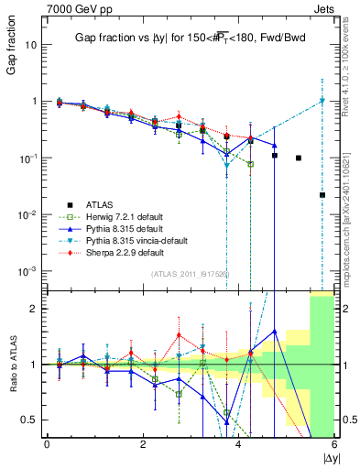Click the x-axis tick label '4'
(238, 444)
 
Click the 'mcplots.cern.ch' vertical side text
(349, 206)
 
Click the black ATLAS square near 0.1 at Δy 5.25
(299, 158)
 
